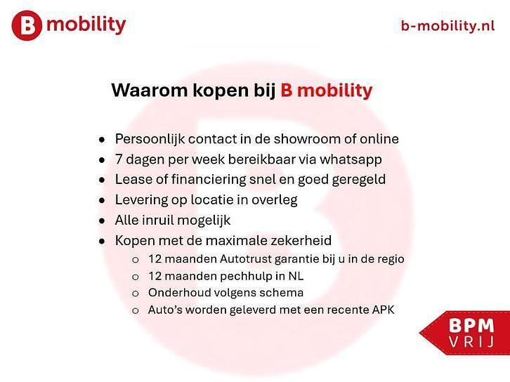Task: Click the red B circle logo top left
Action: pyautogui.click(x=27, y=25)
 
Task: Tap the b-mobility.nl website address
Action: pyautogui.click(x=447, y=26)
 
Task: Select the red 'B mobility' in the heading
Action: pyautogui.click(x=326, y=91)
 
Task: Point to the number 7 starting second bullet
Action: pyautogui.click(x=119, y=159)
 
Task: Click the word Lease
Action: pyautogui.click(x=131, y=180)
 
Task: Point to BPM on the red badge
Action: pyautogui.click(x=466, y=326)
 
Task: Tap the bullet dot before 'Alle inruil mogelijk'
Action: pyautogui.click(x=103, y=220)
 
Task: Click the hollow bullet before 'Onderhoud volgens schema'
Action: pyautogui.click(x=135, y=293)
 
